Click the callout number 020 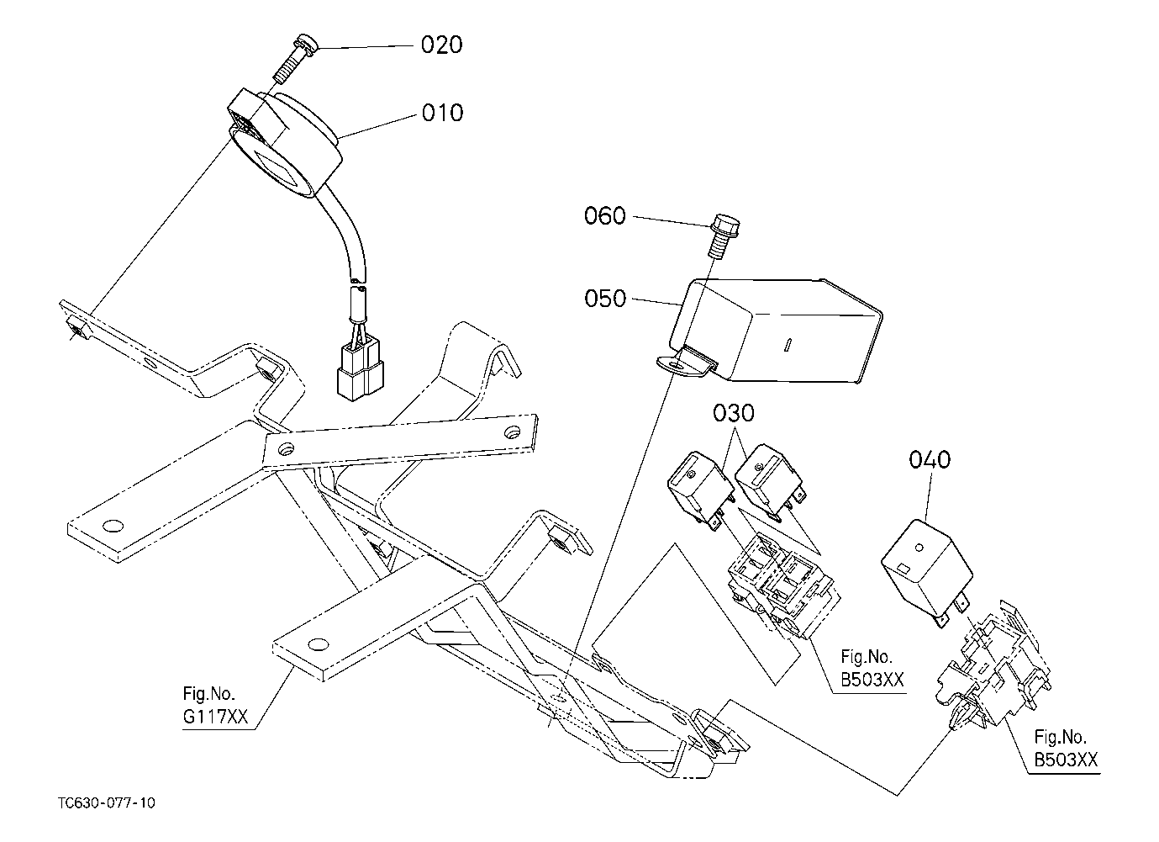pyautogui.click(x=441, y=45)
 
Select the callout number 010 pyautogui.click(x=442, y=112)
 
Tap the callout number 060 pyautogui.click(x=605, y=216)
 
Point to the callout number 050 pyautogui.click(x=605, y=299)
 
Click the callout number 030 pyautogui.click(x=734, y=414)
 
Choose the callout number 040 pyautogui.click(x=930, y=460)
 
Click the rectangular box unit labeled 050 pyautogui.click(x=782, y=332)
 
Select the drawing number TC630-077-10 pyautogui.click(x=107, y=802)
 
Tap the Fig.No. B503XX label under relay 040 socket pyautogui.click(x=1065, y=749)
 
